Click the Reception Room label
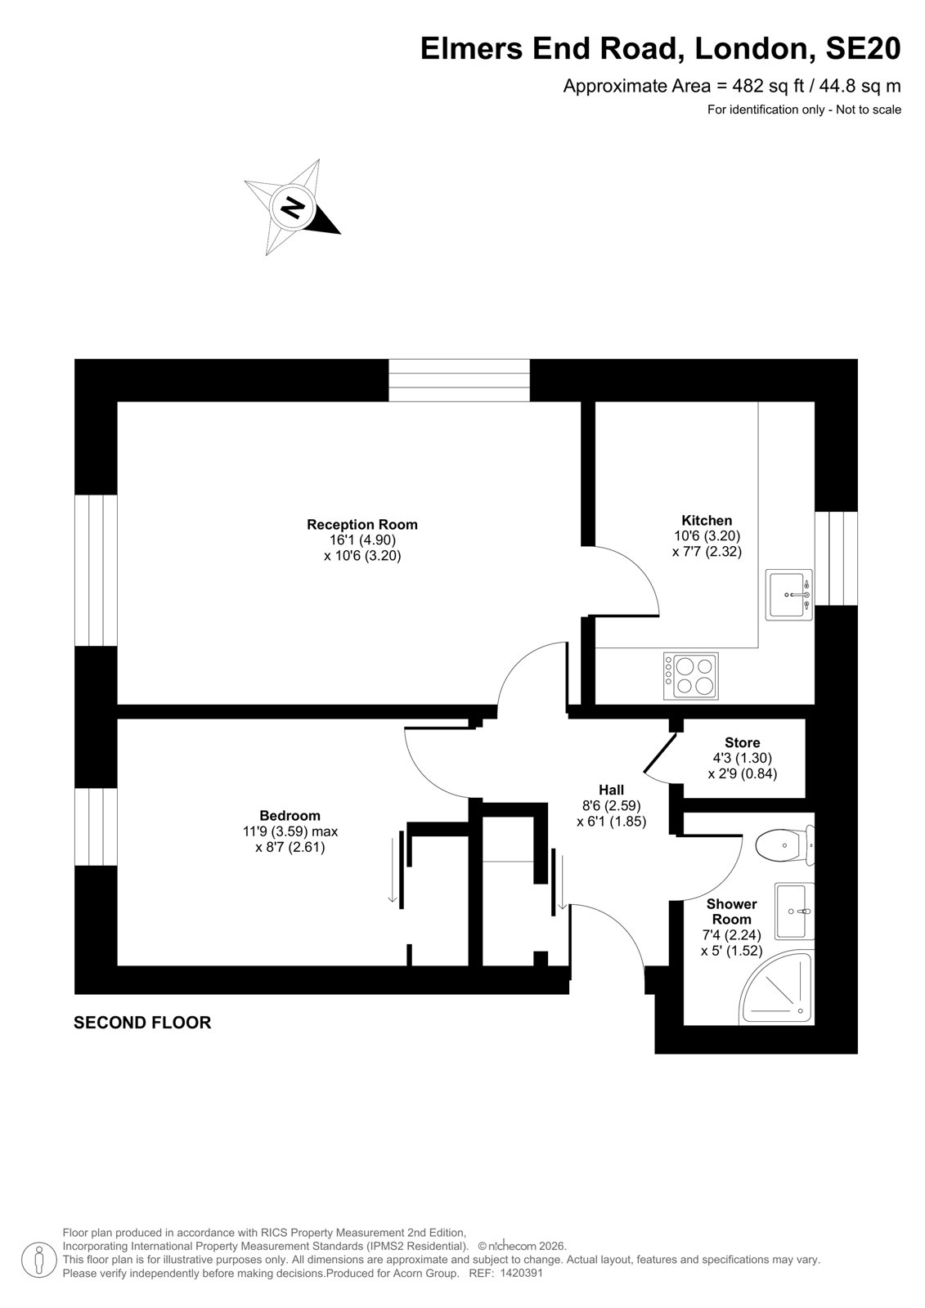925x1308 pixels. click(362, 524)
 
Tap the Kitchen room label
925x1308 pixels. click(707, 520)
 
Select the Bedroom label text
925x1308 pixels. click(290, 815)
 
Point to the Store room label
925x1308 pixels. click(742, 743)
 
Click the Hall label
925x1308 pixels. click(611, 790)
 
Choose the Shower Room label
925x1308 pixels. click(732, 912)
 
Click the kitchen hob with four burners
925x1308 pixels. click(690, 676)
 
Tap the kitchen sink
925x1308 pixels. click(789, 594)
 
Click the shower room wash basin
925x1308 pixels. click(794, 911)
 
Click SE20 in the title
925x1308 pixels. click(863, 48)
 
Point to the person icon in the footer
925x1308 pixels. click(38, 1261)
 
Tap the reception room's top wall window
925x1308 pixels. click(460, 380)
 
